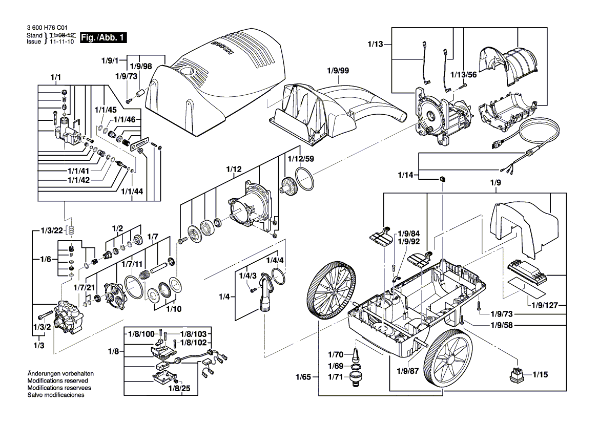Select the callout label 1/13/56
coord(463,75)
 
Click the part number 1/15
coord(540,375)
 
